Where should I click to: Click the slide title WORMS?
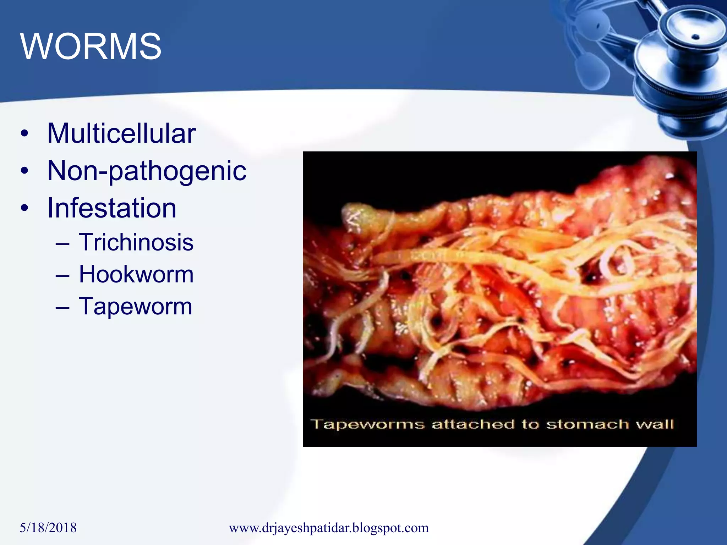(x=91, y=46)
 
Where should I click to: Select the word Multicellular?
(x=121, y=133)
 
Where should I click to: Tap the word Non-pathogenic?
(x=147, y=171)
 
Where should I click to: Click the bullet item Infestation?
(x=112, y=208)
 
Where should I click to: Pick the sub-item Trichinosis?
(x=136, y=242)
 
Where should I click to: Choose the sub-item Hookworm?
(x=136, y=274)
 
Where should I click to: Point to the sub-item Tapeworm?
(x=135, y=306)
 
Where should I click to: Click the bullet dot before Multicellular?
(x=24, y=134)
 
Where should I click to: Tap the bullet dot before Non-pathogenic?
(x=24, y=171)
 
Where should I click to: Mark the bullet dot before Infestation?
(x=24, y=208)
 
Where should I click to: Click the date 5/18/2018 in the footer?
(x=48, y=528)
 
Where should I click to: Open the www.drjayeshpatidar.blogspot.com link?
(x=329, y=528)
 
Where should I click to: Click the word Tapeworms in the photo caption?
(x=367, y=424)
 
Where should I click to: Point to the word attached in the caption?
(x=473, y=424)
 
